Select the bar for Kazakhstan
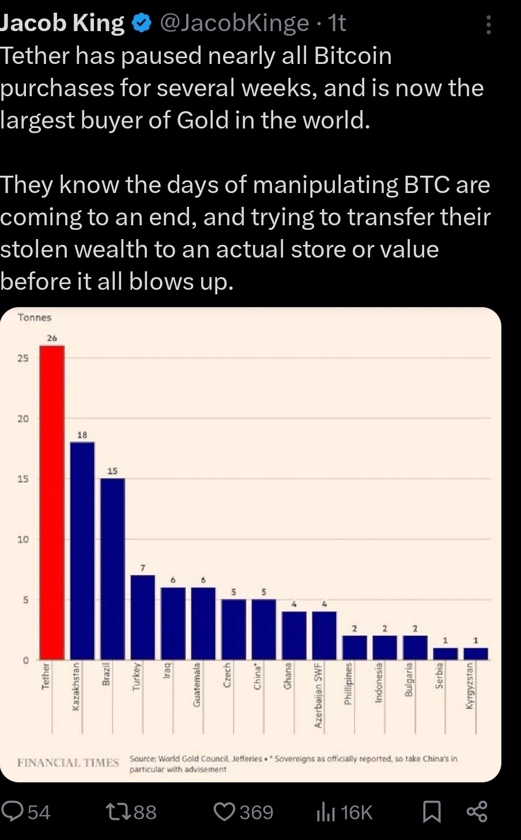(82, 551)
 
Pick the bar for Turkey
(143, 617)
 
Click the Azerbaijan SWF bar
(324, 635)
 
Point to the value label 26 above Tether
(52, 338)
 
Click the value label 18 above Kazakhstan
(82, 435)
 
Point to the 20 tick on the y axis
(23, 419)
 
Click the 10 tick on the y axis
(23, 540)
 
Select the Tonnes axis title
(35, 317)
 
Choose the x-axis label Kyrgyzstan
(470, 686)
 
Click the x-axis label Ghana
(288, 676)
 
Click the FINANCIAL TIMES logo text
(68, 763)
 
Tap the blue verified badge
(142, 23)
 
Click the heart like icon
(224, 812)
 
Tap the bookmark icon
(432, 812)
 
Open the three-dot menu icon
(489, 24)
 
